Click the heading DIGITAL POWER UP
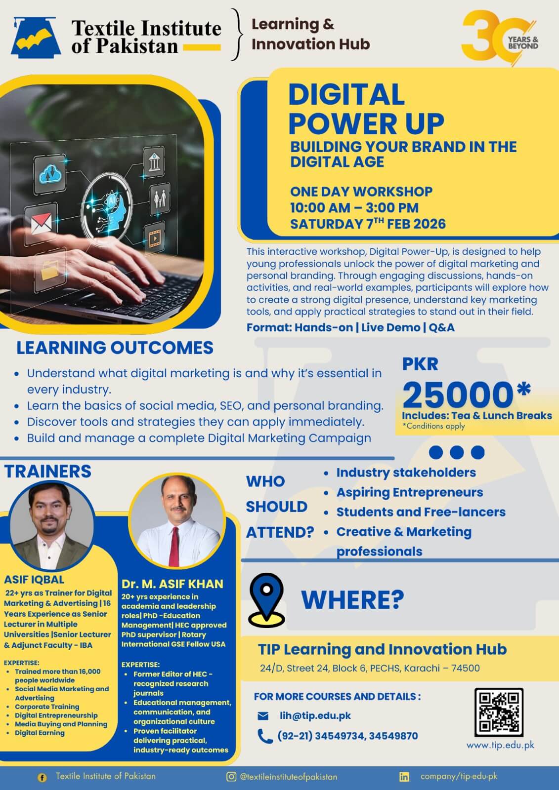(x=366, y=109)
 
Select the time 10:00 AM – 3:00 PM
(x=354, y=208)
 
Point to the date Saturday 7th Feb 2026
(x=368, y=224)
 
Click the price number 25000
(x=458, y=395)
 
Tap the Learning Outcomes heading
(x=115, y=348)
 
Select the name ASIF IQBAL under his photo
(x=34, y=580)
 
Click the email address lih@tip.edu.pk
(x=315, y=715)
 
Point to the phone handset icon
(x=265, y=736)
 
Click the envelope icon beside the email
(x=263, y=716)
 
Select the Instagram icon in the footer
(x=231, y=777)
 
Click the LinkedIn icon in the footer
(x=404, y=777)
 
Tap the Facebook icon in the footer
(x=42, y=778)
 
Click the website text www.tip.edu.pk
(x=500, y=745)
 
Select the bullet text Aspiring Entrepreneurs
(x=410, y=492)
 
